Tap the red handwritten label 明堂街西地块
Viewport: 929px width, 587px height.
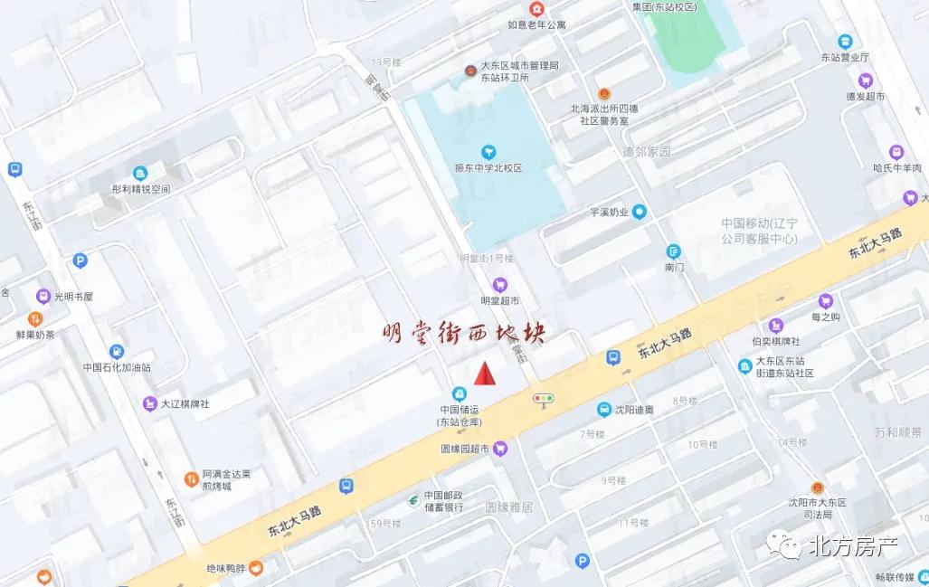point(462,334)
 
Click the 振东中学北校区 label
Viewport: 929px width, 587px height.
point(488,168)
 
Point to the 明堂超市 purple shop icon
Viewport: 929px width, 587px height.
point(499,285)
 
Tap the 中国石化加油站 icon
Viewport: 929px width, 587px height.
point(116,352)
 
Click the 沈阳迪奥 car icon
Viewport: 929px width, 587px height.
point(603,410)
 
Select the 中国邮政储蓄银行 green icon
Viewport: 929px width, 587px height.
point(412,499)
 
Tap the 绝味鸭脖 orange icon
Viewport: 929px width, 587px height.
point(257,568)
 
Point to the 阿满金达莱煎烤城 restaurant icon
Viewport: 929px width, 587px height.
point(191,478)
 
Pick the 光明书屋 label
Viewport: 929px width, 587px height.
point(73,296)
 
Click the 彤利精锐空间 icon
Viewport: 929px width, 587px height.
point(140,173)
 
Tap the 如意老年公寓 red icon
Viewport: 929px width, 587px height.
point(537,9)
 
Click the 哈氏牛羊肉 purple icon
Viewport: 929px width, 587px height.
point(896,152)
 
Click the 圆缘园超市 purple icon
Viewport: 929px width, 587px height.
point(500,449)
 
